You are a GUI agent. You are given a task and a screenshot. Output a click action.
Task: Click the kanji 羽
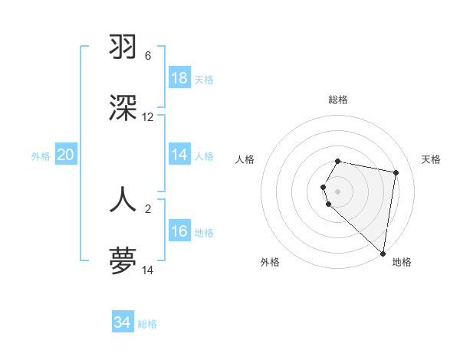coord(123,47)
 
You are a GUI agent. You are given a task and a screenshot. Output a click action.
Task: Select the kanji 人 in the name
coord(123,198)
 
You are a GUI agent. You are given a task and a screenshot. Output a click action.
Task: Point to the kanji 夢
coord(123,260)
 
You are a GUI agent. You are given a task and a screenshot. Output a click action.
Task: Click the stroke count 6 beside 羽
coord(148,56)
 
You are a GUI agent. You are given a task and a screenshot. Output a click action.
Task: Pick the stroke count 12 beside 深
coord(148,117)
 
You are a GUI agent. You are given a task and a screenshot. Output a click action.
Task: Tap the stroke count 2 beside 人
coord(148,208)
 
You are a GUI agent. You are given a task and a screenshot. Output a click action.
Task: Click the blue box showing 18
coord(179,78)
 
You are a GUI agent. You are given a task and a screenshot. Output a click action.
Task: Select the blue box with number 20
coord(65,155)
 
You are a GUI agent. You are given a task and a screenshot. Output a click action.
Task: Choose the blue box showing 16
coord(179,231)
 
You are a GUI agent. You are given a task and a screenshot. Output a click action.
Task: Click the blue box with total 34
coord(123,322)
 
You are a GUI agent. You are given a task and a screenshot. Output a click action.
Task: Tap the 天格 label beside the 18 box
coord(204,80)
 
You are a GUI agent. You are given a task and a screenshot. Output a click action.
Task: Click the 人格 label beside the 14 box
coord(204,156)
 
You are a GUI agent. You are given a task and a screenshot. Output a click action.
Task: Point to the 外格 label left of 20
coord(41,156)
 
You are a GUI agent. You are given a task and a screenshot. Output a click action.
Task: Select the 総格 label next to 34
coord(147,324)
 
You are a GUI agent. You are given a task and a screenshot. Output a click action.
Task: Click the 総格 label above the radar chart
coord(338,100)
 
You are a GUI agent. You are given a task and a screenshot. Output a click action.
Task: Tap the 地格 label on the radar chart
coord(402,262)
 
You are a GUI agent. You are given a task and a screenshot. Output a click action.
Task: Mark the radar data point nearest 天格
coord(396,173)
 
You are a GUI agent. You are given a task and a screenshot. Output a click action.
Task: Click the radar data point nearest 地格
coord(383,254)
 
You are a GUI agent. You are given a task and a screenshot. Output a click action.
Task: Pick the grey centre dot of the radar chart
coord(338,191)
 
